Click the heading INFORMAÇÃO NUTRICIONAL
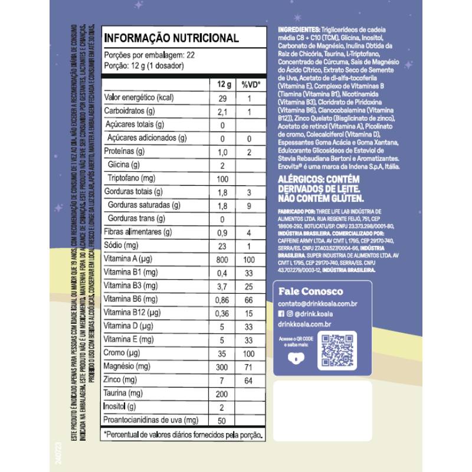171,38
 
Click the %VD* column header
250,84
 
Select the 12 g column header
224,84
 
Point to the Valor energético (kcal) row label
137,98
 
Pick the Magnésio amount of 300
223,366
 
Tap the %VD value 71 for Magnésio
250,366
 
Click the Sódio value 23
223,245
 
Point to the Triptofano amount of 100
223,178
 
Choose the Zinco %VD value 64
250,379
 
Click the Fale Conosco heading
310,291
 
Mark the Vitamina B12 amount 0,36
223,312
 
